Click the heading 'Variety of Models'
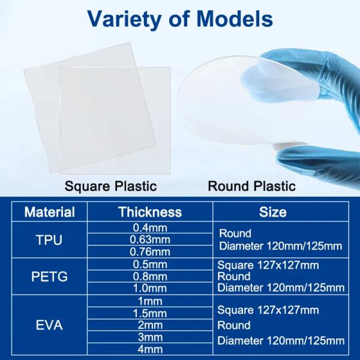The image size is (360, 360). tap(180, 20)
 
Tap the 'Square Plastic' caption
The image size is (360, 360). tap(110, 186)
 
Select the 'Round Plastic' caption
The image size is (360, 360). tap(251, 186)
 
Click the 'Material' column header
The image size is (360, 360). tap(49, 212)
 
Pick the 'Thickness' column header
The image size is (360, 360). tap(150, 212)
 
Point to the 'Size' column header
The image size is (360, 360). tap(272, 212)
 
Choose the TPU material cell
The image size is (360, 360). tap(49, 240)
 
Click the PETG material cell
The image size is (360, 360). tap(49, 277)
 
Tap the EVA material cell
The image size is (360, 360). tap(49, 325)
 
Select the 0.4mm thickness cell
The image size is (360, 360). tap(150, 228)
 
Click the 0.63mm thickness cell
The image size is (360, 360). tap(150, 240)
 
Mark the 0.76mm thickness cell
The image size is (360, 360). tap(150, 252)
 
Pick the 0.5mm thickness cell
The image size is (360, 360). tap(150, 265)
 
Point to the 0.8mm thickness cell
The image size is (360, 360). tap(150, 277)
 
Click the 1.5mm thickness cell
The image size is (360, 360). tap(150, 313)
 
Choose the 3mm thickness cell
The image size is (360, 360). tap(150, 337)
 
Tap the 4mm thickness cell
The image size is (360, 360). tap(150, 349)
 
